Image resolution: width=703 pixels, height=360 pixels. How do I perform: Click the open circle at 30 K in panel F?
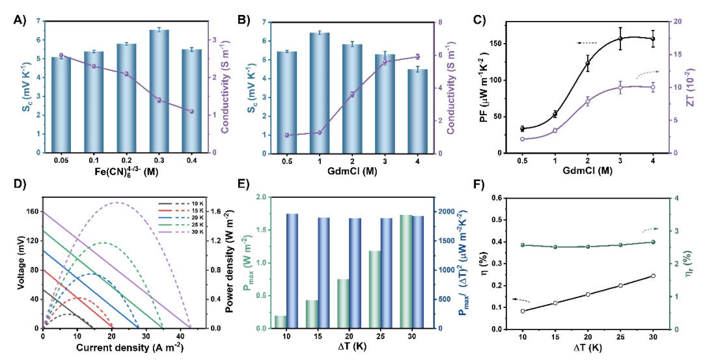click(x=653, y=276)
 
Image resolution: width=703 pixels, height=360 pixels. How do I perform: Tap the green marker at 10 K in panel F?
click(x=523, y=245)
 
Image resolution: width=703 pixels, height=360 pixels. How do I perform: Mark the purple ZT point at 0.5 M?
click(x=522, y=139)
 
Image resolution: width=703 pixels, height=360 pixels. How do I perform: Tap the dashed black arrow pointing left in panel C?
click(x=587, y=43)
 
